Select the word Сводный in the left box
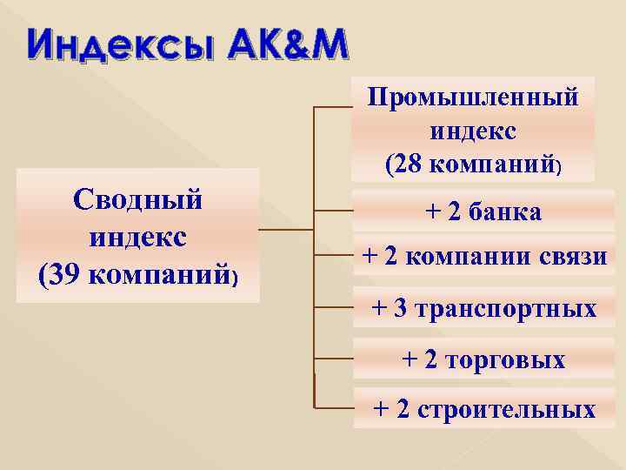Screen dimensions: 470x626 [x=138, y=199]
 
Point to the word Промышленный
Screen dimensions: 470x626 [x=474, y=97]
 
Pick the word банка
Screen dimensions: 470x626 [x=503, y=211]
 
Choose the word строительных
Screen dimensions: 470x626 [x=508, y=409]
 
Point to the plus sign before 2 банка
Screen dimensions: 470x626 [x=432, y=211]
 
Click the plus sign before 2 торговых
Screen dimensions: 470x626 [x=409, y=359]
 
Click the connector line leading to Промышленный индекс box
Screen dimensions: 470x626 [x=331, y=108]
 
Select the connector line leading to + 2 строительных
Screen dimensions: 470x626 [x=331, y=407]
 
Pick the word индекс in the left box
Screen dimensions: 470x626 [x=138, y=238]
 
